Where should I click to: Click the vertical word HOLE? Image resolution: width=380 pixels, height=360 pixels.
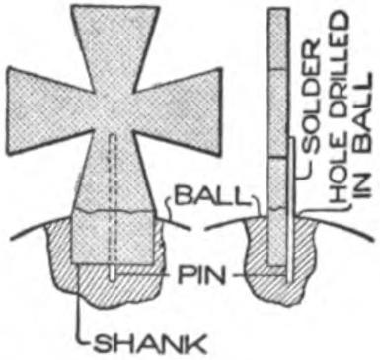pyautogui.click(x=338, y=182)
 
